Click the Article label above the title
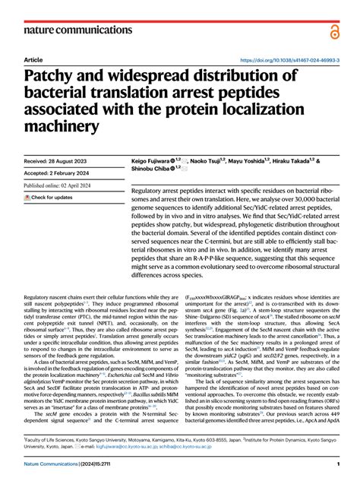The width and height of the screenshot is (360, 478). tap(33, 59)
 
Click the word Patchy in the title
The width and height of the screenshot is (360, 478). tap(58, 78)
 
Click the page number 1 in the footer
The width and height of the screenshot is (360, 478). tap(336, 464)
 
